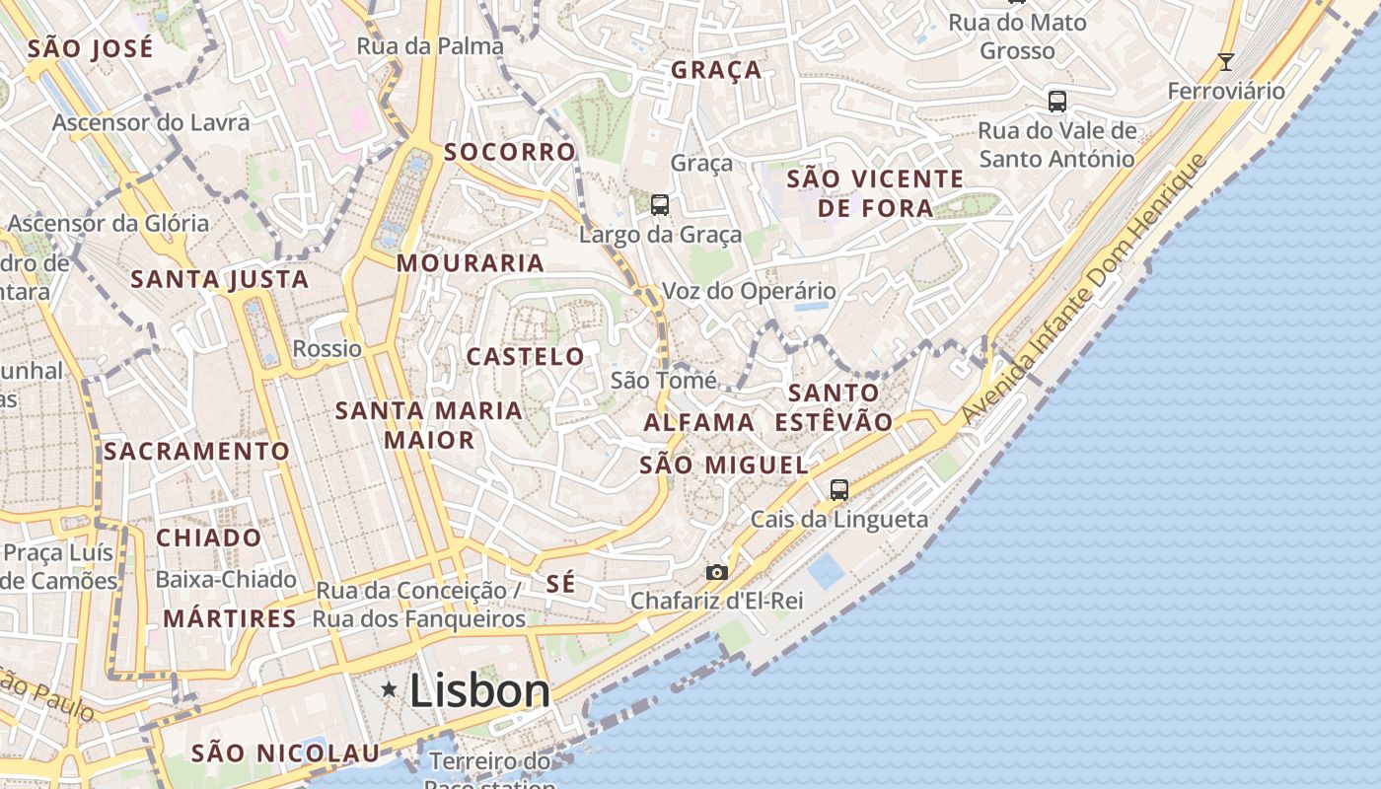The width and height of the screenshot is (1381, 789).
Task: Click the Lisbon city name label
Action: [x=479, y=689]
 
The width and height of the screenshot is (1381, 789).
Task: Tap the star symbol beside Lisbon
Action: [x=390, y=689]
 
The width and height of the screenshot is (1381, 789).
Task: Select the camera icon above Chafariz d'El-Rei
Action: [x=717, y=572]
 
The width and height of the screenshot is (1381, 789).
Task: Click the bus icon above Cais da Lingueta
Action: [x=839, y=489]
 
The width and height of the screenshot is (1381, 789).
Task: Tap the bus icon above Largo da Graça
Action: [x=660, y=205]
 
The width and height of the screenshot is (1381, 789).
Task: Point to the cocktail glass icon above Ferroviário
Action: [x=1226, y=62]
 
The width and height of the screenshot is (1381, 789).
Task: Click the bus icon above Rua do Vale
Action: [x=1057, y=101]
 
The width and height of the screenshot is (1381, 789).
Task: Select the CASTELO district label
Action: [x=526, y=357]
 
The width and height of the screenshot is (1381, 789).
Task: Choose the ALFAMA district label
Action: [x=699, y=422]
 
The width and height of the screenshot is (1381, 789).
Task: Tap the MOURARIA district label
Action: [x=471, y=263]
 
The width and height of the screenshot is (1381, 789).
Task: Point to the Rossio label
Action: [x=327, y=348]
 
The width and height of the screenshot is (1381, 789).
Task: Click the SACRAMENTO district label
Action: [x=197, y=452]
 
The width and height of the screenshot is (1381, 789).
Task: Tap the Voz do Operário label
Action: [x=750, y=291]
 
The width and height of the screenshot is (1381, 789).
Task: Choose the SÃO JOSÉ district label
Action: [x=91, y=48]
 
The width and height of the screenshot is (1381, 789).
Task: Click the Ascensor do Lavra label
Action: [x=151, y=122]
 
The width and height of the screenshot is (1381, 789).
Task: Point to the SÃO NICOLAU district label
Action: [x=285, y=753]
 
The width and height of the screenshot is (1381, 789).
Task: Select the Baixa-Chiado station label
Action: [x=226, y=579]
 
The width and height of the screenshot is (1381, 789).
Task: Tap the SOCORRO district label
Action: [x=510, y=152]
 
